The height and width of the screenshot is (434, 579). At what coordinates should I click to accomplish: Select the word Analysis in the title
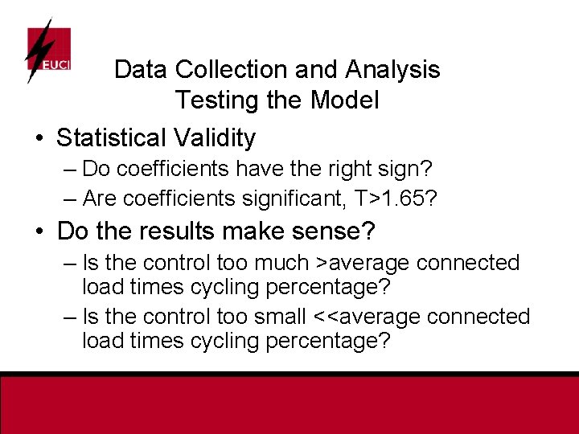coord(392,70)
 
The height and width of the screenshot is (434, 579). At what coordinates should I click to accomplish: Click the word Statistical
coord(113,138)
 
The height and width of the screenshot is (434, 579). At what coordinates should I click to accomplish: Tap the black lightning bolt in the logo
coord(37,50)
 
